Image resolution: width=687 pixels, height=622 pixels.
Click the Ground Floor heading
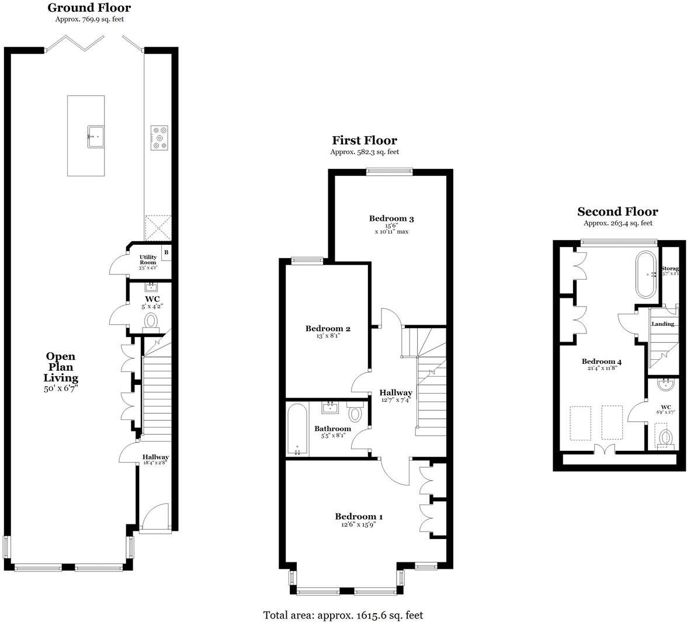(x=89, y=8)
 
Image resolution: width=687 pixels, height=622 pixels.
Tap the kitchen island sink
(x=97, y=137)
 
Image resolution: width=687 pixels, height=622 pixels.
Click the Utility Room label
(x=148, y=260)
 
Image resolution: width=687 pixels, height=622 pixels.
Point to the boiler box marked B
(x=166, y=253)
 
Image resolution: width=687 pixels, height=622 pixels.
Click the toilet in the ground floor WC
(x=151, y=321)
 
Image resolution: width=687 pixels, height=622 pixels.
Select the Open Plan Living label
(x=61, y=367)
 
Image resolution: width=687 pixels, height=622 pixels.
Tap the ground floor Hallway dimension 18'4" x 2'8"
(x=156, y=463)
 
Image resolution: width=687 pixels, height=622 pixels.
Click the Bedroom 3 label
(x=391, y=219)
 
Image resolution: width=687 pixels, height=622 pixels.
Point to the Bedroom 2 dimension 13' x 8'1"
(x=327, y=336)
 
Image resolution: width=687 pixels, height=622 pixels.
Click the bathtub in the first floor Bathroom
(x=297, y=429)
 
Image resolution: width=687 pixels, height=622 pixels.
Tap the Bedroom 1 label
(x=359, y=516)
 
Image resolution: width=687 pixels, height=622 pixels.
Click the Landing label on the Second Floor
(x=662, y=324)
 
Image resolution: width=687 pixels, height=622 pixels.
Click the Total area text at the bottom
(x=343, y=615)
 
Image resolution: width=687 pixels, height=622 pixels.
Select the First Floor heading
(x=365, y=140)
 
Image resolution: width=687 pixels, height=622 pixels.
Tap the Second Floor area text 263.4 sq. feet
(x=618, y=223)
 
